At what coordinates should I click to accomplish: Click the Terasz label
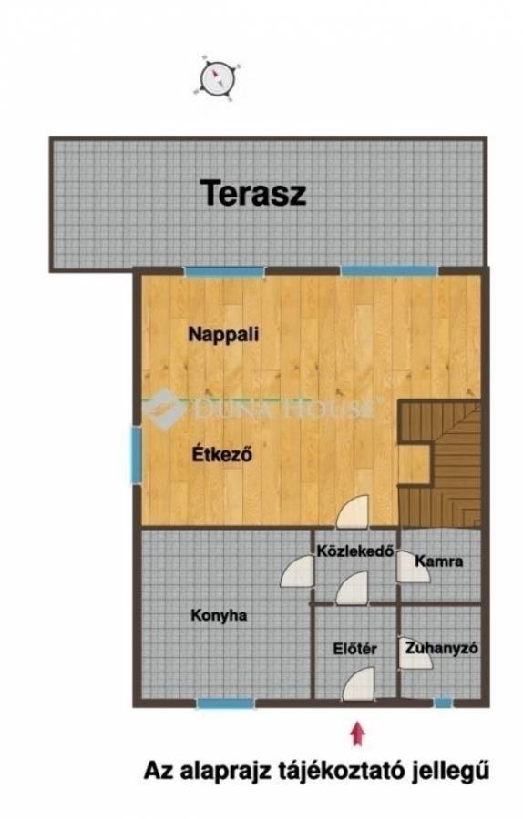point(254,193)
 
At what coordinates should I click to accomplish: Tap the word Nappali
point(223,334)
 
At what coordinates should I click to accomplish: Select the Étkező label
point(222,453)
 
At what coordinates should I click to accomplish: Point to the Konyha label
point(219,615)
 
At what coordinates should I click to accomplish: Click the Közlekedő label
point(355,551)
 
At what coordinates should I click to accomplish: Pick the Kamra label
point(439,561)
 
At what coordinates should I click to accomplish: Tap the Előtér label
point(355,649)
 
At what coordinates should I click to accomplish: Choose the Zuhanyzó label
point(441,648)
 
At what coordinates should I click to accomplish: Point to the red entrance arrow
point(358,733)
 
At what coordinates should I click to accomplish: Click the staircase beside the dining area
point(439,464)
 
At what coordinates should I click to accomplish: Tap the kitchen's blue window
point(226,703)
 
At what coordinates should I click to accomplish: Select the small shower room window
point(444,703)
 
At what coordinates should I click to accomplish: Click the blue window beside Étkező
point(136,454)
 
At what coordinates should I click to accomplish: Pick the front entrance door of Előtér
point(359,683)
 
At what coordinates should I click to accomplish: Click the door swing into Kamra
point(413,567)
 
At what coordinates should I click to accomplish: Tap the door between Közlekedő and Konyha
point(297,571)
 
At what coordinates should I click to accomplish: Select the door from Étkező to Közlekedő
point(353,511)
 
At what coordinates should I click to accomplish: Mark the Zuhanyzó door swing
point(415,652)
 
